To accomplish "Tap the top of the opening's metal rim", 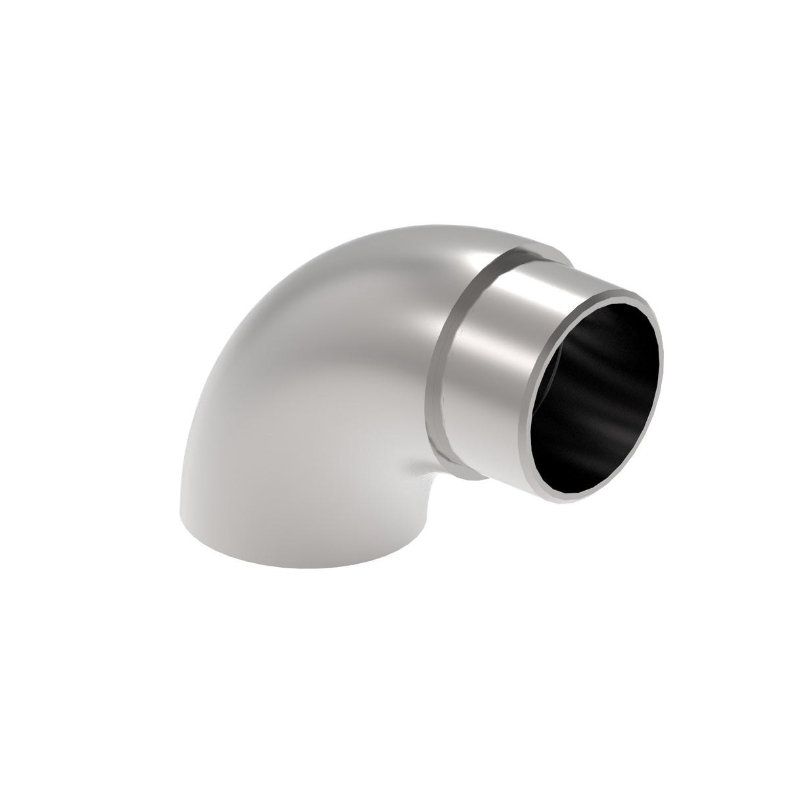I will pos(618,287).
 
